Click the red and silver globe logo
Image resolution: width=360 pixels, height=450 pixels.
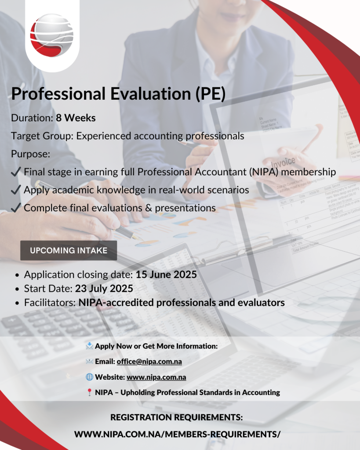[x=52, y=35]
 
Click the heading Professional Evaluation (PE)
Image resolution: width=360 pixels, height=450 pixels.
[x=118, y=94]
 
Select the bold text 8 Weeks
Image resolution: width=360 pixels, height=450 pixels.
[x=76, y=118]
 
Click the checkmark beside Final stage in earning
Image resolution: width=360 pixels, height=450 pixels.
[x=16, y=172]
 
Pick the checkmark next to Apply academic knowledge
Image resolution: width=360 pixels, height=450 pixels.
[x=16, y=190]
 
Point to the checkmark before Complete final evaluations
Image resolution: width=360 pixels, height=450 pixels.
[x=16, y=207]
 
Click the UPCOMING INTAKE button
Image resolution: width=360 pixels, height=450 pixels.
[x=69, y=250]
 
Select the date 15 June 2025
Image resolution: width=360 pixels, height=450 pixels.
[x=166, y=274]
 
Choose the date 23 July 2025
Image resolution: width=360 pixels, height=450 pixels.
[x=104, y=288]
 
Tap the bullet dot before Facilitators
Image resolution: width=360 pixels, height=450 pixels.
[x=17, y=303]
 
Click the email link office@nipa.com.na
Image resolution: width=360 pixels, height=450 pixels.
[x=149, y=362]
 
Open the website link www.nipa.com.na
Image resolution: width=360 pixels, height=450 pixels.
[x=156, y=377]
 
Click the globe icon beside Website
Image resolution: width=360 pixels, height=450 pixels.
[x=90, y=377]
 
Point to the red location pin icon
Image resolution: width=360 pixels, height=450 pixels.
[x=89, y=392]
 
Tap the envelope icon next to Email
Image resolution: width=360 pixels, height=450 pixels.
[x=90, y=362]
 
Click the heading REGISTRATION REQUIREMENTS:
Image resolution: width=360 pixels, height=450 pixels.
[x=177, y=417]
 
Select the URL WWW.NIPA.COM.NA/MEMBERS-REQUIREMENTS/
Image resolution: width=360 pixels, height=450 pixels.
[x=177, y=434]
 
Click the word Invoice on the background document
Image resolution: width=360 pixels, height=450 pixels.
[x=284, y=163]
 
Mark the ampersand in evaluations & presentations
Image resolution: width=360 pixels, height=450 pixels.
[x=149, y=208]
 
